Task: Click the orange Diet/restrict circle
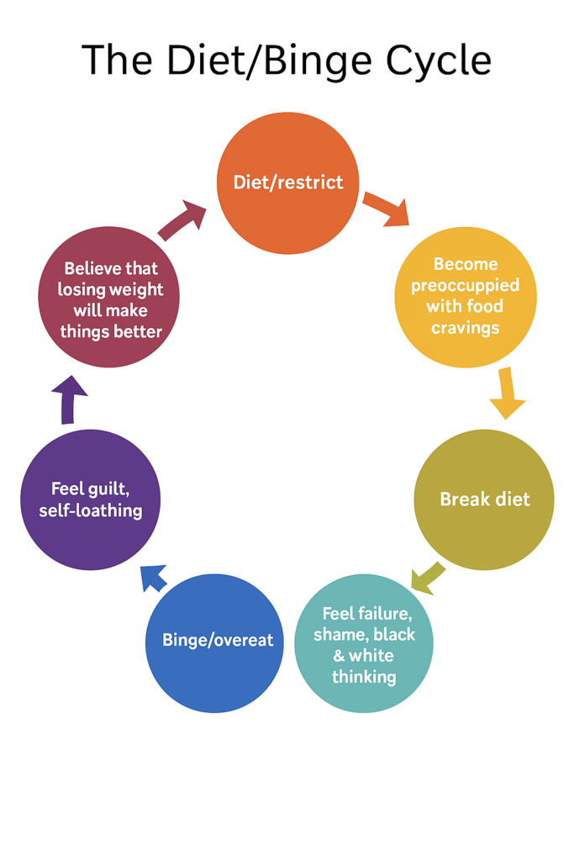point(287,182)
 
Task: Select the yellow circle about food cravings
point(465,297)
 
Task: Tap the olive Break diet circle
point(484,499)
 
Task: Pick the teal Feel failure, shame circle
point(364,644)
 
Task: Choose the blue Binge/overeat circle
point(217,642)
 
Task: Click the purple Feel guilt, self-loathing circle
point(90,499)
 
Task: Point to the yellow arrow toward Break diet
point(506,393)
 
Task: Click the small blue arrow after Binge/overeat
point(153,577)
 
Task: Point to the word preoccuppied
point(465,286)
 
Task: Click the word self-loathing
point(91,510)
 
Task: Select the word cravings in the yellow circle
point(465,327)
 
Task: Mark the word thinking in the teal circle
point(364,676)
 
